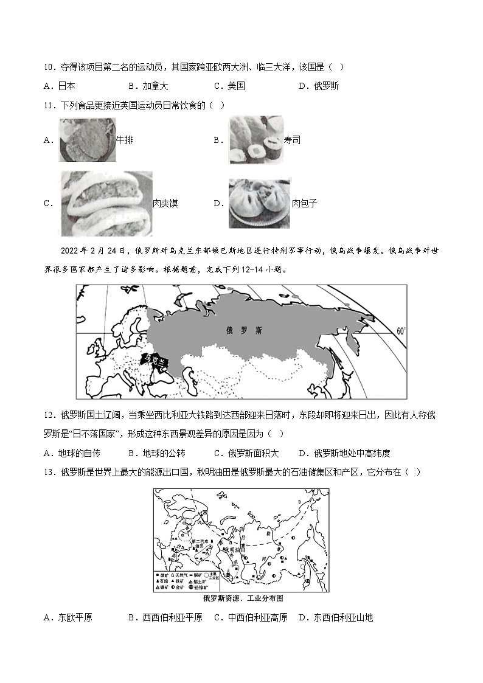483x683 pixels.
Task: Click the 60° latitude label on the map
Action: pyautogui.click(x=400, y=331)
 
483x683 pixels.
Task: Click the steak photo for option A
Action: pyautogui.click(x=87, y=140)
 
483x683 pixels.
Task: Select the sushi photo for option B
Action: pyautogui.click(x=256, y=140)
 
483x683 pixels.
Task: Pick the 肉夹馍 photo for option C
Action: pyautogui.click(x=106, y=203)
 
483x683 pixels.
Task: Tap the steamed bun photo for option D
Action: pyautogui.click(x=260, y=203)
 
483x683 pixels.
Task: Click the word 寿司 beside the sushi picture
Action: pyautogui.click(x=292, y=140)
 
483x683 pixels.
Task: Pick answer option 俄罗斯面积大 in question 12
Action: pyautogui.click(x=253, y=453)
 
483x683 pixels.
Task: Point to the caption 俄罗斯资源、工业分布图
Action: pyautogui.click(x=243, y=598)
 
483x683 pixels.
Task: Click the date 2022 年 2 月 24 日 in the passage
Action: pyautogui.click(x=93, y=251)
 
